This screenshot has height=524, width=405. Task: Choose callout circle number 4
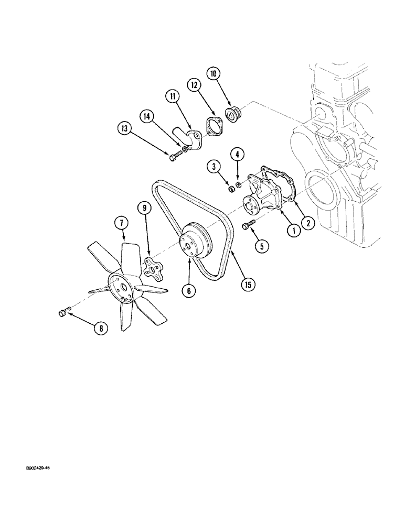[x=237, y=155]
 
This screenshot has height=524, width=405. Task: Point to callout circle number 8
[x=99, y=329]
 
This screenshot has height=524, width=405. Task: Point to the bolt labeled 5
[x=248, y=224]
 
